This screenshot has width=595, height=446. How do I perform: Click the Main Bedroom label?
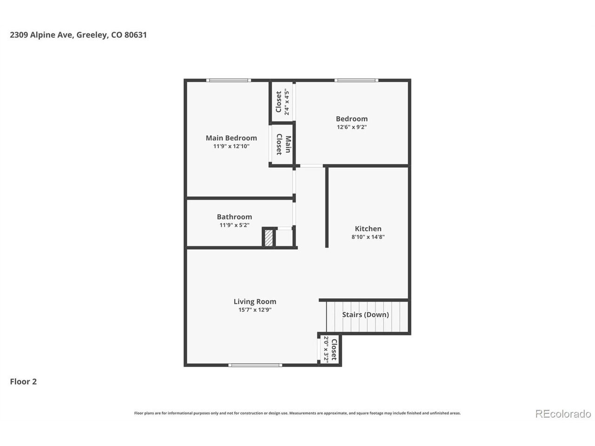pos(231,138)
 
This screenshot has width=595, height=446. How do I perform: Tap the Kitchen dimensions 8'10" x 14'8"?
pos(368,236)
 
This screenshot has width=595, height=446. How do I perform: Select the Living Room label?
pos(255,302)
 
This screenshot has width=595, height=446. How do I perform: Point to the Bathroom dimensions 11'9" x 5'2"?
pos(234,225)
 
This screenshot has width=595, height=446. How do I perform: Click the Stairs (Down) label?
pos(365,315)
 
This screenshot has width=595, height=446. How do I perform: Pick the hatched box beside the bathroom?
pos(268,238)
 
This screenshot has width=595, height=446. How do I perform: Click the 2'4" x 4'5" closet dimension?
pos(286,102)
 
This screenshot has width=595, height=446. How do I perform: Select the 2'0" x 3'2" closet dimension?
pos(326,349)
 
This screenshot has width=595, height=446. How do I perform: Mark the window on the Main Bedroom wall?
pos(229,80)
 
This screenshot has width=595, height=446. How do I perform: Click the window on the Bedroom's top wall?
pos(356,80)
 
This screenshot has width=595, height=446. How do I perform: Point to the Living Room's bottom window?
pos(255,365)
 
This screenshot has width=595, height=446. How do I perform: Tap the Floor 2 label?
pos(23,381)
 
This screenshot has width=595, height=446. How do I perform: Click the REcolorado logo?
pos(563,414)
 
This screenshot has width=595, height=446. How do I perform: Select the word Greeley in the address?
pos(93,35)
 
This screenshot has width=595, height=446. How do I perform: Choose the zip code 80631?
pos(136,35)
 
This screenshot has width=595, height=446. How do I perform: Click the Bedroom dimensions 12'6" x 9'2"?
pos(351,127)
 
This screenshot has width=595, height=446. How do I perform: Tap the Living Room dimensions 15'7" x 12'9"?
pos(255,309)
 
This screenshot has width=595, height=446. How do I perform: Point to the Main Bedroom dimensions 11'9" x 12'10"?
pos(231,146)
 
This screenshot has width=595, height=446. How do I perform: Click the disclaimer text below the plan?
pos(297,413)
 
